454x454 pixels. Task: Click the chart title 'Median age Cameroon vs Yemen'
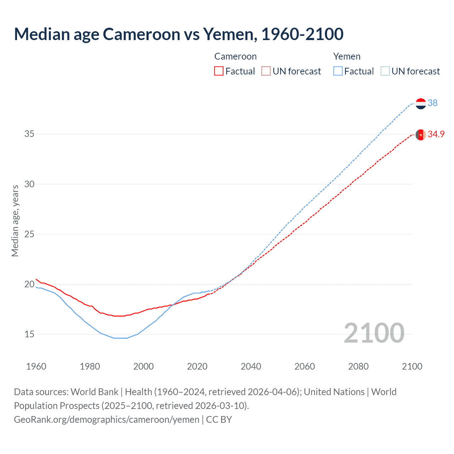point(178,34)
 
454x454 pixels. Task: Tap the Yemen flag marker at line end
point(421,104)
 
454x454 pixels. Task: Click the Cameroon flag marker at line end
point(421,135)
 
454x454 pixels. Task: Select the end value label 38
point(432,103)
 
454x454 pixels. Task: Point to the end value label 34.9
point(436,134)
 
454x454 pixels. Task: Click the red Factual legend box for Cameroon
point(219,71)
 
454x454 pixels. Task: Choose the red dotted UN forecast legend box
point(266,71)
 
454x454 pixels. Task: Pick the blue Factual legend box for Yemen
point(338,71)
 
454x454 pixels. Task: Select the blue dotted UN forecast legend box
point(385,71)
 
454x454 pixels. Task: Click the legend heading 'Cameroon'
point(235,56)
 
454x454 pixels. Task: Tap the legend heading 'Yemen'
point(347,56)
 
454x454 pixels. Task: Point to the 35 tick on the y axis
point(29,134)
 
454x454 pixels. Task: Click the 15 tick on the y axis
point(29,334)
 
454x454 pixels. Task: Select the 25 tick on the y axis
point(29,234)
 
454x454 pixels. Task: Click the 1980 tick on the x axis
point(90,366)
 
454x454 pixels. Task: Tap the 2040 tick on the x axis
point(251,366)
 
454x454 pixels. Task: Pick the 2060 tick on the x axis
point(305,366)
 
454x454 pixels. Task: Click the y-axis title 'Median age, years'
point(15,221)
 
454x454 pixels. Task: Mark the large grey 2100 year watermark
point(374,333)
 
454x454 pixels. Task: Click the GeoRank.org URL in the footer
point(106,420)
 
